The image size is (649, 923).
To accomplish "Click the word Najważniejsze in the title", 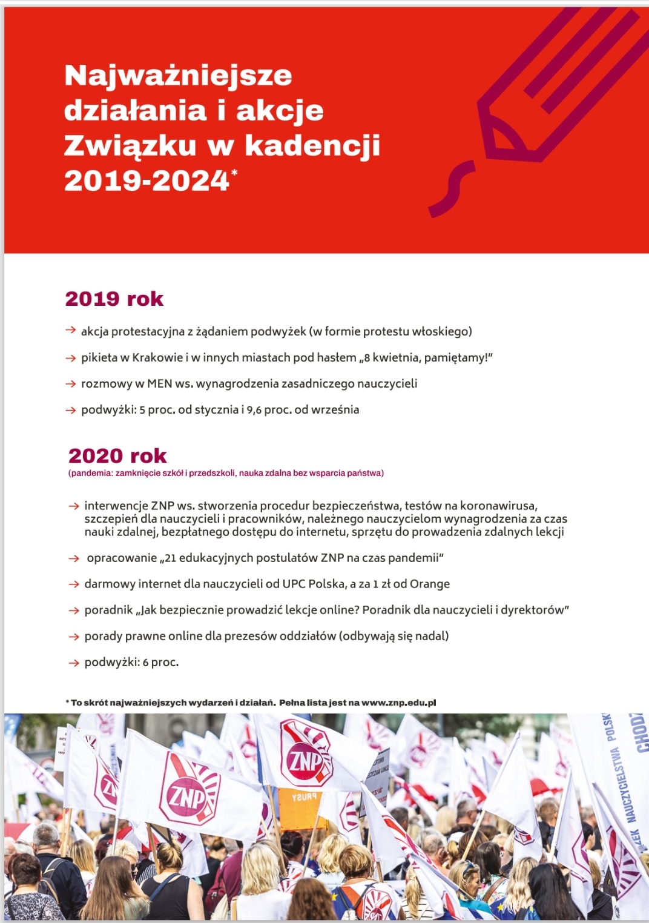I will [178, 76].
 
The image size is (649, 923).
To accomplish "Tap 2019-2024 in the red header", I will [146, 181].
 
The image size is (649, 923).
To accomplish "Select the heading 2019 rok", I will [114, 299].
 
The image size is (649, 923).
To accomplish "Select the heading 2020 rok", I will [117, 456].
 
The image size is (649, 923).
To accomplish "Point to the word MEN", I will [160, 384].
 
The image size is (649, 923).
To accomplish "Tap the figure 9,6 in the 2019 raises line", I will [254, 410].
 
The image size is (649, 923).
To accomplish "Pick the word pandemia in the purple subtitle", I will [91, 473].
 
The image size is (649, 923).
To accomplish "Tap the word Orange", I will [430, 584].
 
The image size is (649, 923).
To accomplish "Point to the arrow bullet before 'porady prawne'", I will [74, 637].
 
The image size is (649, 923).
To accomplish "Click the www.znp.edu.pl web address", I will [398, 703].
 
